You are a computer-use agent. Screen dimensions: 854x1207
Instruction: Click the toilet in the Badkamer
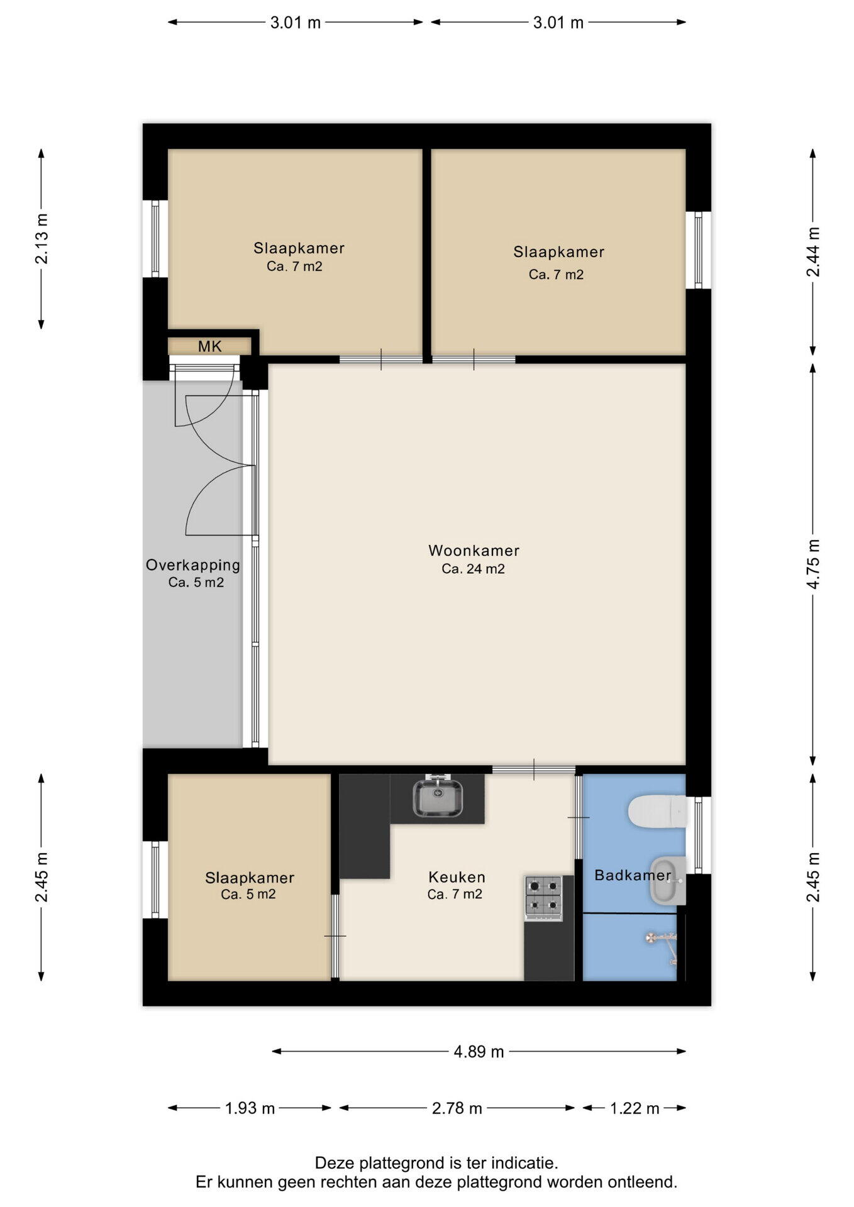pos(657,812)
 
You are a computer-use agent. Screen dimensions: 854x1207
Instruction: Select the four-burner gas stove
pos(544,899)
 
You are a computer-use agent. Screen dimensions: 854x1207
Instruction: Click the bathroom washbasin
pos(667,880)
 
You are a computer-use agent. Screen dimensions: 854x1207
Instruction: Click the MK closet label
pos(210,346)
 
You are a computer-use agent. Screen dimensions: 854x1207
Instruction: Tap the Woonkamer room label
pos(474,551)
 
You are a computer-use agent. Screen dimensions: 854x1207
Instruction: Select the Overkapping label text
pos(193,565)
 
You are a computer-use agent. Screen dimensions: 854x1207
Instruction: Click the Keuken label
pos(457,877)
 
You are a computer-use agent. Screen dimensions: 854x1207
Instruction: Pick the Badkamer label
pos(633,875)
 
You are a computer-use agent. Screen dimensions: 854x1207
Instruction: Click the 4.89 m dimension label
pos(479,1052)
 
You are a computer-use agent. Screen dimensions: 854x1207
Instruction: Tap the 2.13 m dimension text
pos(42,239)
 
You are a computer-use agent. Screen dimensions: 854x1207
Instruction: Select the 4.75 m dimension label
pos(813,564)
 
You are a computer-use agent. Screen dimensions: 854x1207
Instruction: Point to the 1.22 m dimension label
pos(635,1108)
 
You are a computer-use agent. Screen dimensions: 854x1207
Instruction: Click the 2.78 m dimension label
pos(457,1108)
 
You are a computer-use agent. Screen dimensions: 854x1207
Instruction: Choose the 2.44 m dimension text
pos(813,252)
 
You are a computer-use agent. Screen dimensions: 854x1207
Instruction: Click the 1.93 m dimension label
pos(250,1108)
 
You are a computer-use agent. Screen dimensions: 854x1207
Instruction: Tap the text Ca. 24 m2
pos(474,570)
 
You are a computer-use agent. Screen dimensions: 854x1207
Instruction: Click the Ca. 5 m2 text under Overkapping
pos(196,583)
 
